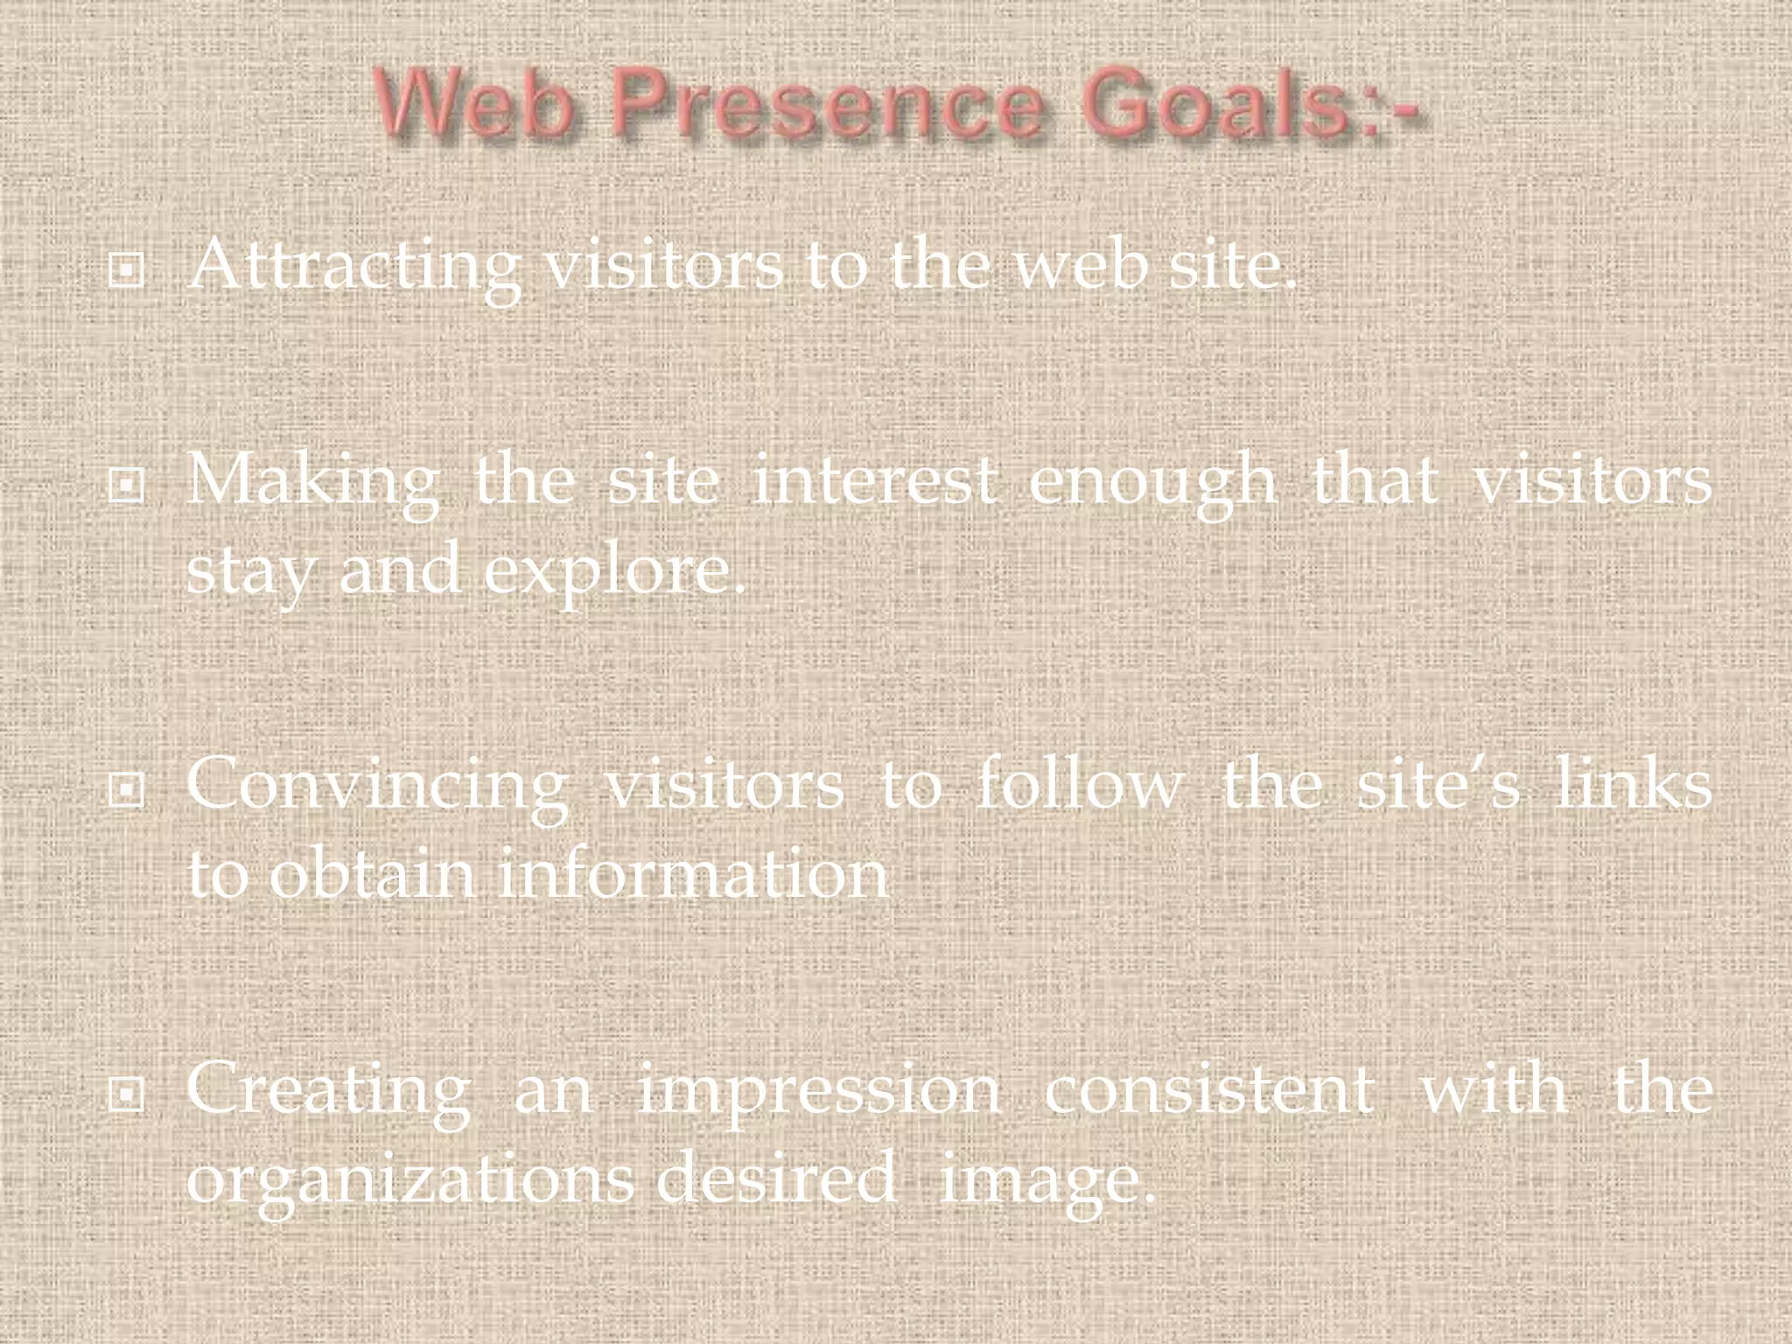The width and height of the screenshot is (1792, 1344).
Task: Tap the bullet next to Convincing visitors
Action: pos(126,790)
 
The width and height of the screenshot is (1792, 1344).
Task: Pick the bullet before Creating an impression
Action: pos(126,1093)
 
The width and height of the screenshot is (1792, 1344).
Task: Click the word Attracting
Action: pos(353,267)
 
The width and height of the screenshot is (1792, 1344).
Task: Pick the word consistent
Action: pos(1208,1089)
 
